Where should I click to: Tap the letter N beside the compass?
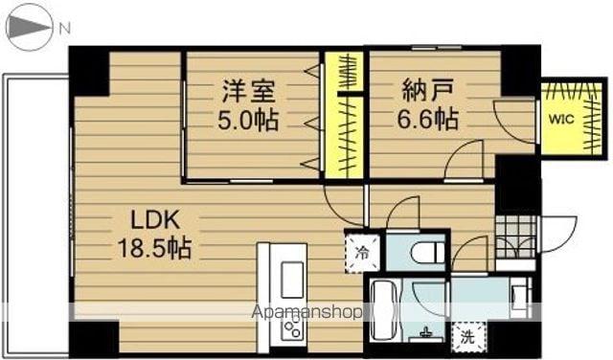click(x=65, y=28)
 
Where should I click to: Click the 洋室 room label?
click(x=249, y=91)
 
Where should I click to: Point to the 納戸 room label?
click(x=428, y=91)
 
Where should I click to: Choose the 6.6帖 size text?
click(x=428, y=120)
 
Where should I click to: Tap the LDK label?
click(x=155, y=220)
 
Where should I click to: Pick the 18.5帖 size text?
click(x=155, y=249)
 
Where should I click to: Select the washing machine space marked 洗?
click(x=468, y=336)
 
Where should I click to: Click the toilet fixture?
click(x=429, y=249)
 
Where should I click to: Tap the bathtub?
click(x=385, y=311)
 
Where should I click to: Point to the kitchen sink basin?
click(x=292, y=281)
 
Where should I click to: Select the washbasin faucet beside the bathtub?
click(x=425, y=332)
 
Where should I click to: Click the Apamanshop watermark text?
click(x=306, y=312)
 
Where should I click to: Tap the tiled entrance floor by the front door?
click(x=515, y=236)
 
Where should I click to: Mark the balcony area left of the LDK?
click(x=36, y=215)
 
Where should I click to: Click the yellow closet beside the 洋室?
click(x=345, y=115)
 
